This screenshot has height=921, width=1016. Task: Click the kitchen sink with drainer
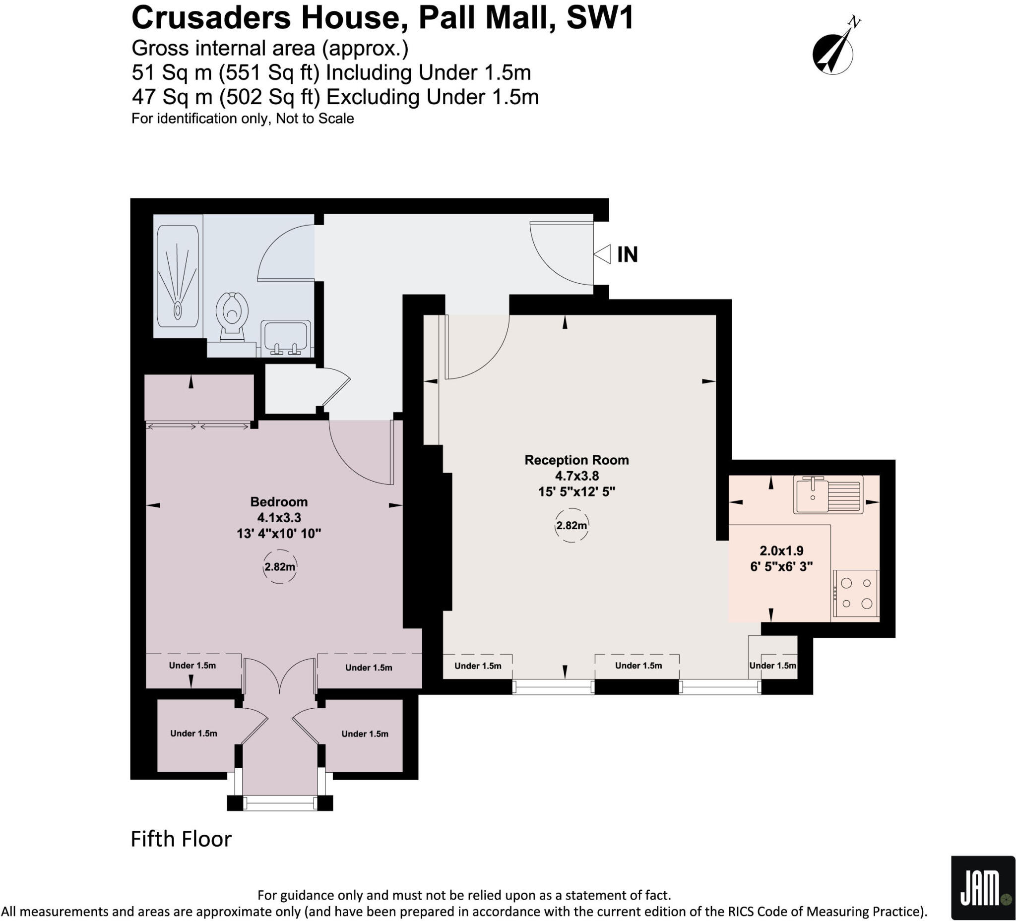(827, 495)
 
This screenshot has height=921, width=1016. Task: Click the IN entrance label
(628, 254)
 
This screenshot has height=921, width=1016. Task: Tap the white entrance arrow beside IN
(602, 254)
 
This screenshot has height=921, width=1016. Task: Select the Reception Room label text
(576, 460)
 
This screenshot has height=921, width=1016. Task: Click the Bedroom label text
(279, 502)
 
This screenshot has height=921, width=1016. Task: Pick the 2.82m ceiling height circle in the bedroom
(280, 567)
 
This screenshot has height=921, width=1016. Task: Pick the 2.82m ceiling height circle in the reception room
(571, 526)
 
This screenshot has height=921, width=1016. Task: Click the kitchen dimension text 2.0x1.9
(781, 551)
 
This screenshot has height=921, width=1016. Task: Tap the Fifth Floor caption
(181, 839)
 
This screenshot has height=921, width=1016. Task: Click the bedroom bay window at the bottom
(280, 802)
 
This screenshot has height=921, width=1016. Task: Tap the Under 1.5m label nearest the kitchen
(772, 666)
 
